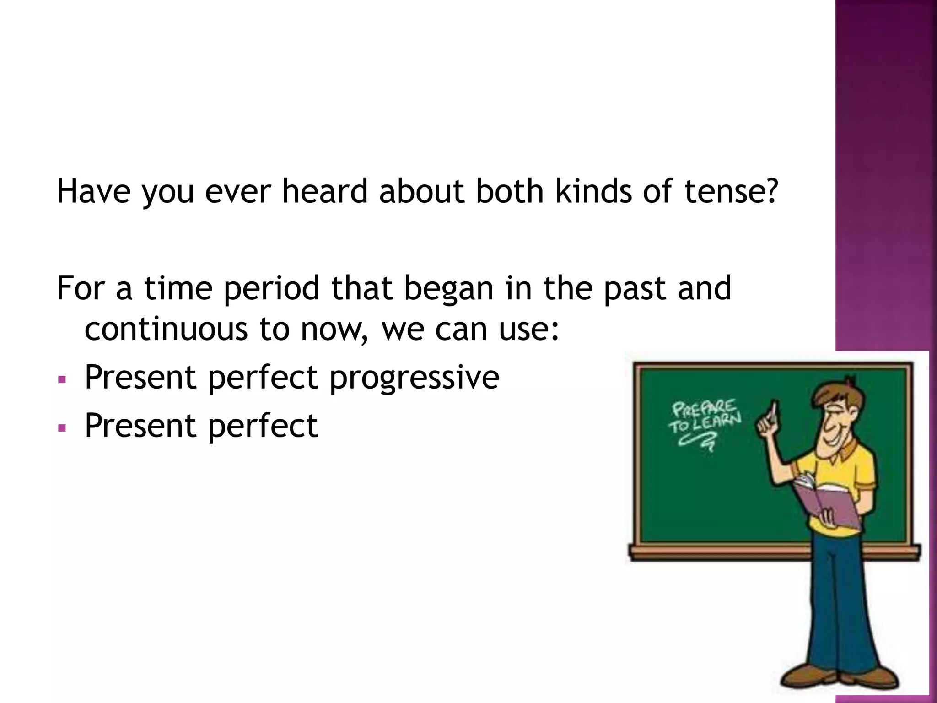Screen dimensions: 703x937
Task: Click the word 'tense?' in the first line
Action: click(731, 191)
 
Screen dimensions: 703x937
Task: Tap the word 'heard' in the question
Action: click(325, 191)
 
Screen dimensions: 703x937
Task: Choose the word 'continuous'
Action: click(166, 329)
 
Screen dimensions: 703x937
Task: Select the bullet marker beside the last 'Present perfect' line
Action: click(63, 428)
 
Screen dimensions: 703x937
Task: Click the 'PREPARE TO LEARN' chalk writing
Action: click(704, 419)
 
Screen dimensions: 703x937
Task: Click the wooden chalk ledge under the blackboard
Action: click(714, 552)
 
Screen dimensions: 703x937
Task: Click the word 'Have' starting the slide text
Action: click(93, 191)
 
